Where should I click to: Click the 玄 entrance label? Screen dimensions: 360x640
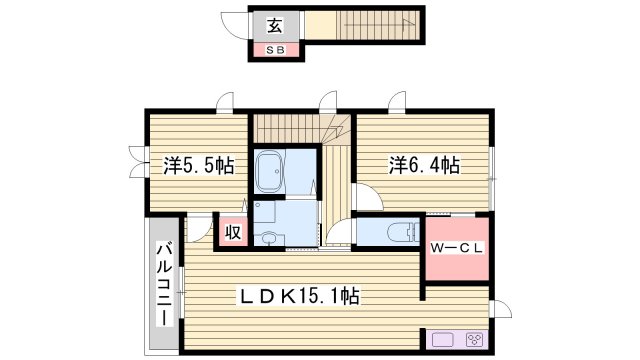tap(273, 26)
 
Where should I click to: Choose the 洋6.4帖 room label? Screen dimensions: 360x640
tap(424, 165)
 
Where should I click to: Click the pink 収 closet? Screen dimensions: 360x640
tap(232, 233)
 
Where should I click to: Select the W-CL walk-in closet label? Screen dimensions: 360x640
tap(457, 249)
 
